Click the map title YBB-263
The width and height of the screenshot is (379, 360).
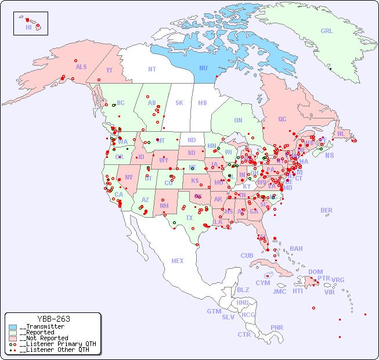[x=53, y=319]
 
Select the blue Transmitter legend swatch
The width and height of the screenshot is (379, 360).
[x=13, y=327]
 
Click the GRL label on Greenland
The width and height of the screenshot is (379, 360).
[x=327, y=31]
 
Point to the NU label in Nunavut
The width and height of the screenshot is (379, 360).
[x=203, y=69]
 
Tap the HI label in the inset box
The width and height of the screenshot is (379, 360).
[x=28, y=27]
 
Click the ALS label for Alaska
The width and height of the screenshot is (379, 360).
[x=81, y=67]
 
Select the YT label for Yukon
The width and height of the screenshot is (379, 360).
[x=109, y=70]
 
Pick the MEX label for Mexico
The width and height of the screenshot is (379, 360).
[x=178, y=261]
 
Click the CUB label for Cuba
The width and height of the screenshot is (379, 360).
[x=247, y=256]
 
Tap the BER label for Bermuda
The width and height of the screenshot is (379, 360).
[x=327, y=211]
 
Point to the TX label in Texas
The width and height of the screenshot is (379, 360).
[x=189, y=218]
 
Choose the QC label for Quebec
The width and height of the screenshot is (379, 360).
[x=282, y=120]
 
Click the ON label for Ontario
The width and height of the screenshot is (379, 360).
[x=238, y=121]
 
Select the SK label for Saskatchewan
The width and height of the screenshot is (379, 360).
[x=179, y=103]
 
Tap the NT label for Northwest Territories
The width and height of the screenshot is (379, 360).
[x=151, y=69]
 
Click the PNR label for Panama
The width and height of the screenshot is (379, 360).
[x=277, y=327]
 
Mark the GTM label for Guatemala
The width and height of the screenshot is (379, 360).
[x=214, y=311]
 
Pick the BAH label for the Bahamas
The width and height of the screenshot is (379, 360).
[x=296, y=249]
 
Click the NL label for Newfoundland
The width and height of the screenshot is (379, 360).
[x=341, y=134]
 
